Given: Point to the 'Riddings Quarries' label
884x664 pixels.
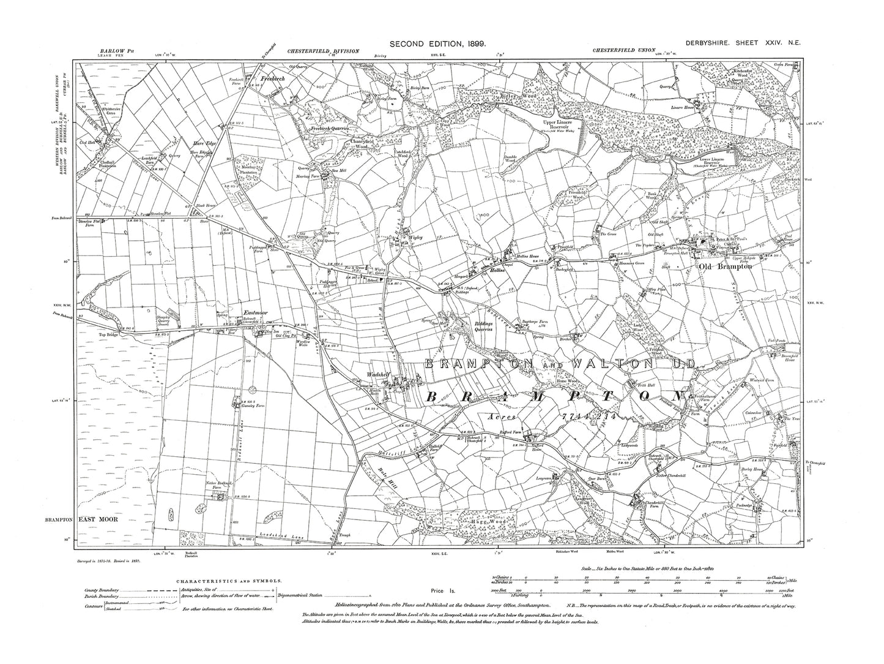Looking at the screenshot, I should [492, 328].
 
